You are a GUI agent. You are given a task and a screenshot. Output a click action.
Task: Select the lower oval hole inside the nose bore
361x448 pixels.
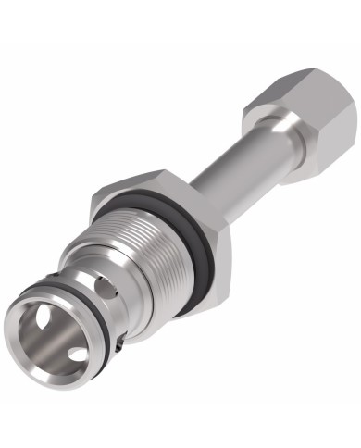click(78, 353)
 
